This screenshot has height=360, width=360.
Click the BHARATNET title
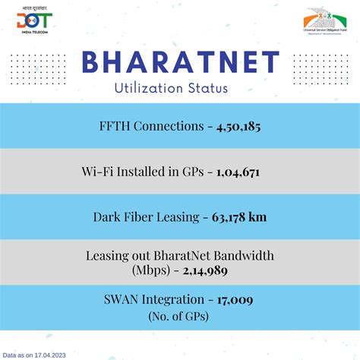[179, 62]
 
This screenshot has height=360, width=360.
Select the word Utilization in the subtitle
[147, 88]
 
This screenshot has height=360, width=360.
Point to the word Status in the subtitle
[207, 88]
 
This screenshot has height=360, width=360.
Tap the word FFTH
[116, 127]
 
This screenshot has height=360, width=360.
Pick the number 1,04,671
[238, 172]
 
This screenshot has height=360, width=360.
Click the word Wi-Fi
[96, 172]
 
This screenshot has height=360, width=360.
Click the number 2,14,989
[203, 270]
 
